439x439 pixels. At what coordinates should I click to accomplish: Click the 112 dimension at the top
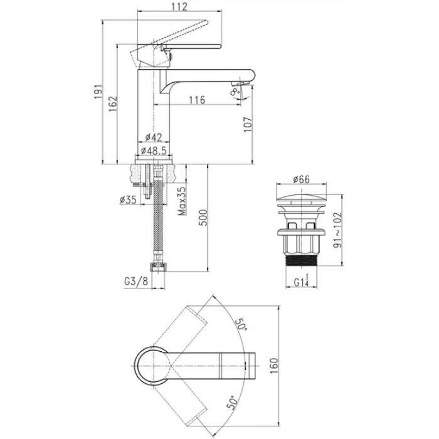pos(179,6)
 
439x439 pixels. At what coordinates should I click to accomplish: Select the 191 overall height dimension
pos(98,92)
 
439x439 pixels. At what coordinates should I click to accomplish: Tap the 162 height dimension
pos(113,104)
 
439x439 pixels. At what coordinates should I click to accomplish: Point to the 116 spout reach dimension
pos(197,99)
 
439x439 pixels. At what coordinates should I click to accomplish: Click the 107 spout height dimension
pos(248,125)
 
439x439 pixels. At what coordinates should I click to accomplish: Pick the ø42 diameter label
pos(154,137)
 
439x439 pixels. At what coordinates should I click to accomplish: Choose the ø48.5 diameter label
pos(154,151)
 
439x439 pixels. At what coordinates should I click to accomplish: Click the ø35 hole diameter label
pos(128,199)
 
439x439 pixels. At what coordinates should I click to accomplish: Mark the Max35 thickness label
pos(182,201)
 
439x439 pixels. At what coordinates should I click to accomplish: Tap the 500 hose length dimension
pos(203,218)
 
